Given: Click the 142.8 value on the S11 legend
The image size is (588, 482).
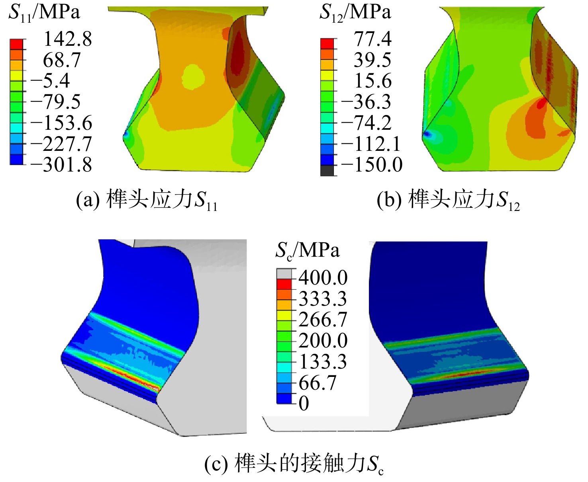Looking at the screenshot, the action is pos(67,39).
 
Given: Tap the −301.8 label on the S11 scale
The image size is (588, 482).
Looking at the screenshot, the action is pos(61,165).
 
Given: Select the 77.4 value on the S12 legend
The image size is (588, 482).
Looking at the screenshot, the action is pos(373,39).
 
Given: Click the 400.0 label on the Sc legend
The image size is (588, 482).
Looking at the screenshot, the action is pos(323,277).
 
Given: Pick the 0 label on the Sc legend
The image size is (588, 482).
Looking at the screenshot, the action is pos(304,403).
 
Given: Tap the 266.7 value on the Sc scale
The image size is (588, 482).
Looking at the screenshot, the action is pos(323,319).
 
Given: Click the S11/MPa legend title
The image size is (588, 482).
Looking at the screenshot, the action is pos(44,13).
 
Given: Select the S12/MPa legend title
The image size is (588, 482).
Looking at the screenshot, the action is pos(355,13).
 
